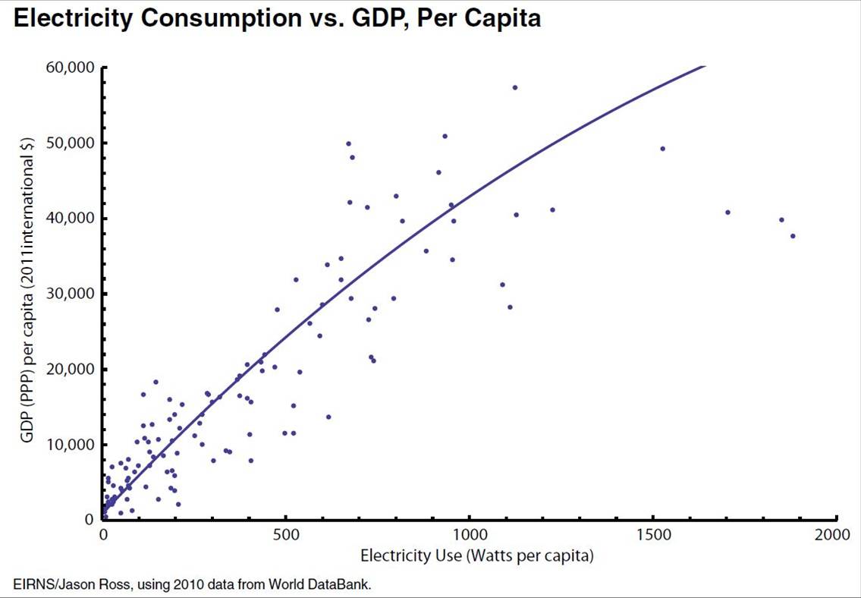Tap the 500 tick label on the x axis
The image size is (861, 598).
pyautogui.click(x=285, y=534)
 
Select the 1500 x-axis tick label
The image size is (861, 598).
pyautogui.click(x=653, y=534)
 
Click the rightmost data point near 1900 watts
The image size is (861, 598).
pyautogui.click(x=793, y=236)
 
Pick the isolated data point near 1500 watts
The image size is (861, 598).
pyautogui.click(x=662, y=149)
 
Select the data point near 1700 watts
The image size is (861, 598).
pyautogui.click(x=727, y=212)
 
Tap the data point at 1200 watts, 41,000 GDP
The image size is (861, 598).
pyautogui.click(x=552, y=210)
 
